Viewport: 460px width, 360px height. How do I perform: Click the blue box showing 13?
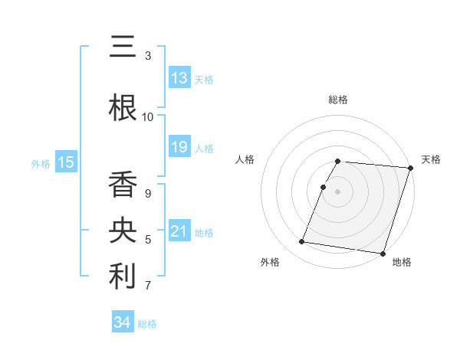click(x=179, y=78)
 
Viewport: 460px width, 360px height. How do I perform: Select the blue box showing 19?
click(x=179, y=147)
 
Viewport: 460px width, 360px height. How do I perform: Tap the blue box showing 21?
click(x=179, y=231)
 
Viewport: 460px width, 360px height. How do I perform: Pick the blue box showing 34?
click(x=123, y=322)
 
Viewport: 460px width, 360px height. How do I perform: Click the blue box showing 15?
click(x=65, y=162)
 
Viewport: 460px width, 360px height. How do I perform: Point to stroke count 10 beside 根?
click(x=148, y=117)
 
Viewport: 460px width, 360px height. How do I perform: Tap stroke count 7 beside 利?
click(x=148, y=286)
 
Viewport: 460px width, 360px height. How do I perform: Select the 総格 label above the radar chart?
click(x=337, y=100)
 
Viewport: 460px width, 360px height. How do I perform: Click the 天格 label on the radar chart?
click(x=431, y=159)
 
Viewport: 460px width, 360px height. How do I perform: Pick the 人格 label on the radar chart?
click(x=245, y=159)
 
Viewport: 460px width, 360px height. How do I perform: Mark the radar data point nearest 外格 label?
click(x=302, y=242)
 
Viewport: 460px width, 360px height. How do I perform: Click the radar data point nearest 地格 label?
click(x=383, y=253)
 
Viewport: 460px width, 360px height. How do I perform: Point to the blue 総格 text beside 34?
click(x=147, y=324)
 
